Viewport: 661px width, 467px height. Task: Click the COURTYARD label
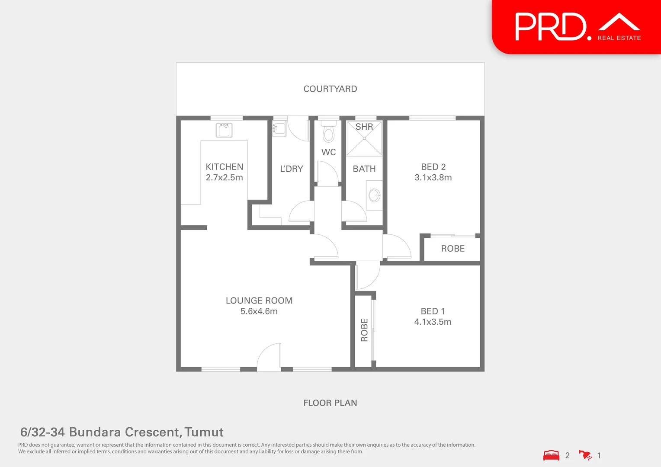click(x=330, y=89)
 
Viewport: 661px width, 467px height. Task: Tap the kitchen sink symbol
click(x=224, y=130)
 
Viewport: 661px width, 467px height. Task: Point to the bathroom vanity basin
click(x=374, y=195)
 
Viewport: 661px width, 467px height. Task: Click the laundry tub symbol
click(x=279, y=128)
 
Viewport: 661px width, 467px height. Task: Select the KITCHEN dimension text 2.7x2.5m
click(x=224, y=178)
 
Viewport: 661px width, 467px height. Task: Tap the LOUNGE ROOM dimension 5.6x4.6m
click(x=259, y=311)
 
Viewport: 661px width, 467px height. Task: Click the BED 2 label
click(x=433, y=167)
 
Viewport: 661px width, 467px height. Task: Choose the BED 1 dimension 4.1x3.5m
click(x=433, y=322)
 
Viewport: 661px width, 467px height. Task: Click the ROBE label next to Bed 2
click(x=452, y=249)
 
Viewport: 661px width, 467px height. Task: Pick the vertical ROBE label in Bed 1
click(x=364, y=330)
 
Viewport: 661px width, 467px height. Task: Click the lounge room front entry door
click(x=269, y=358)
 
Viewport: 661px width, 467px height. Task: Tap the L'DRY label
click(x=292, y=169)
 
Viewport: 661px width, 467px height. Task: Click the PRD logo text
click(x=550, y=27)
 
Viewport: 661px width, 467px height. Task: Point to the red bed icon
click(x=551, y=455)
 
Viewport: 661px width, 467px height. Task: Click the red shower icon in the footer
click(x=585, y=455)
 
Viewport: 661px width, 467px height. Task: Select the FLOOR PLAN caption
click(x=330, y=403)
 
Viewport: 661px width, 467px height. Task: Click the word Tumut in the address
click(x=204, y=432)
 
